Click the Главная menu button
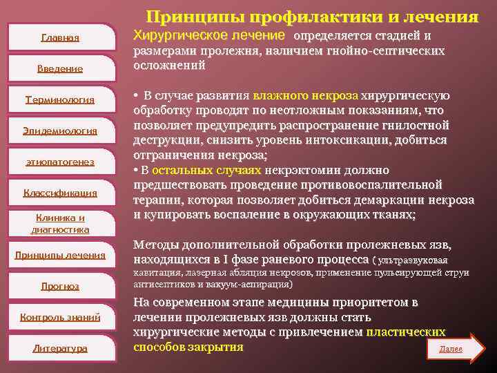tap(60, 37)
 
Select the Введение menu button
tap(60, 68)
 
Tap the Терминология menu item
tap(60, 99)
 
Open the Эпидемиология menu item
tap(60, 131)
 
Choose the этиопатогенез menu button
tap(60, 162)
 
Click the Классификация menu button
tap(60, 193)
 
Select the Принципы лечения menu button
tap(60, 255)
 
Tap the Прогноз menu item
tap(60, 286)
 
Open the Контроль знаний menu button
tap(60, 317)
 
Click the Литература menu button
tap(60, 348)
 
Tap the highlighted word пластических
tap(406, 332)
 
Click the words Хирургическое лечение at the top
tap(208, 35)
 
